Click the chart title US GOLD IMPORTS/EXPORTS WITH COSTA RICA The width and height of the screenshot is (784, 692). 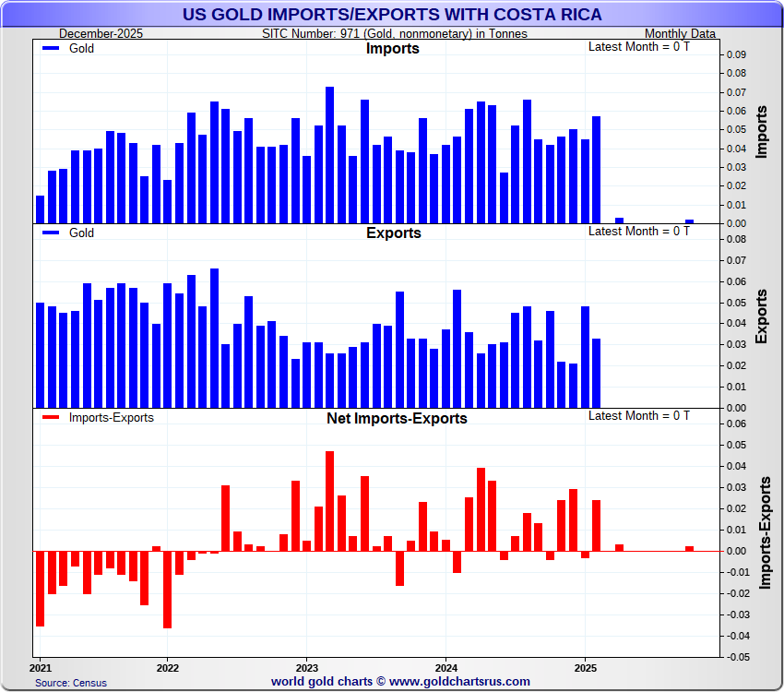click(x=392, y=14)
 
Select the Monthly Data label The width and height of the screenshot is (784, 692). click(x=680, y=34)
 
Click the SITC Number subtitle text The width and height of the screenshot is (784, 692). click(x=395, y=34)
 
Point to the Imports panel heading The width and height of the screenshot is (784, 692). click(x=392, y=48)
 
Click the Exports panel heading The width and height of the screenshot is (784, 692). click(x=393, y=233)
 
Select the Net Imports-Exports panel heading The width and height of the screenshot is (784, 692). click(x=397, y=418)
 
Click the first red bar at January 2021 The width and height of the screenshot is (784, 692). click(x=40, y=588)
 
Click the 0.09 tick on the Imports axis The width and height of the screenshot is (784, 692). click(x=734, y=54)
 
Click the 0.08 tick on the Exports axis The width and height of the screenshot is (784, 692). click(x=734, y=239)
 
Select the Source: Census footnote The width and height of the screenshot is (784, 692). click(x=71, y=683)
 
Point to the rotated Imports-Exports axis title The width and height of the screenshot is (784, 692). click(x=765, y=533)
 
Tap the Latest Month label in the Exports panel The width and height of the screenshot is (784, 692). click(x=638, y=231)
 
